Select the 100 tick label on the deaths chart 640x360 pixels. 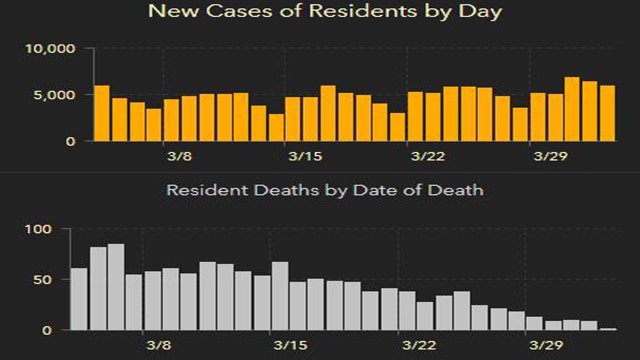tap(37, 230)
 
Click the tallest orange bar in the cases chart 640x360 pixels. tap(572, 109)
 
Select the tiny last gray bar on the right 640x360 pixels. tap(608, 328)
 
